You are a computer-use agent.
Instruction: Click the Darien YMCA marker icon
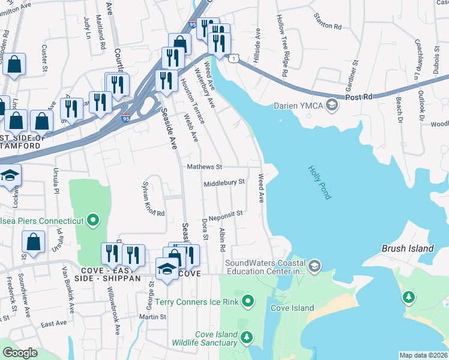point(333,106)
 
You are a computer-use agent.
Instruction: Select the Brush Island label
point(408,248)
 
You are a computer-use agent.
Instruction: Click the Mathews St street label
point(205,167)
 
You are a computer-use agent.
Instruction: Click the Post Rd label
point(359,96)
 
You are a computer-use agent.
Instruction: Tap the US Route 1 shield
point(234,57)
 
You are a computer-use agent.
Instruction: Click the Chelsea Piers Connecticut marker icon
point(92,221)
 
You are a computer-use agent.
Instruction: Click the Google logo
point(20,353)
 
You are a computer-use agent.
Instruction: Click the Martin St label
point(152,317)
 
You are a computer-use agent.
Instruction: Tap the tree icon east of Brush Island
point(409,296)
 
